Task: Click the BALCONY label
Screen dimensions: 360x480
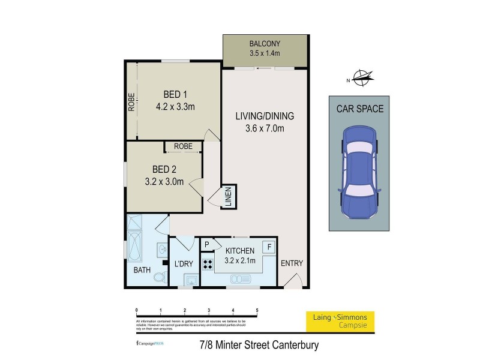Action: (265, 44)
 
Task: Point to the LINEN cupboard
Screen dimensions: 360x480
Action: (229, 197)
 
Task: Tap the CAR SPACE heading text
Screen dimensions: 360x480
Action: (360, 109)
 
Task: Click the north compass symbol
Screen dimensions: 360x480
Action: (362, 76)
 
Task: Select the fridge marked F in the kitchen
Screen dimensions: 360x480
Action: (269, 247)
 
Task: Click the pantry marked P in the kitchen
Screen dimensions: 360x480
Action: (207, 245)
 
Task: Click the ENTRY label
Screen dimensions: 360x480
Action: (292, 263)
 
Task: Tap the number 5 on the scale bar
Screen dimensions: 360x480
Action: (257, 310)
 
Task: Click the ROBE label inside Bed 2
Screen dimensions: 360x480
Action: (183, 146)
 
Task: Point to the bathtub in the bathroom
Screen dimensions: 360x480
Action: (133, 243)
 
